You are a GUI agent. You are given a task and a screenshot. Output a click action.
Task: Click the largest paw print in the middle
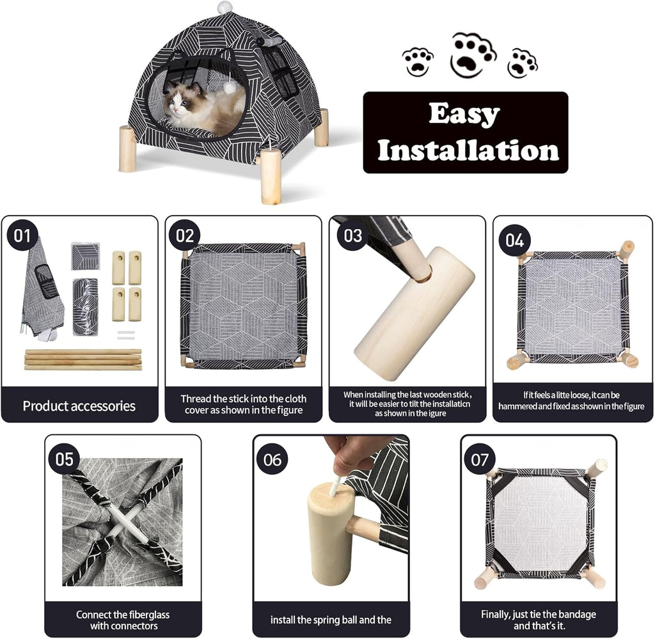473,55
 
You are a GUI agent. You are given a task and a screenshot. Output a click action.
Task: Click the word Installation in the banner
468,150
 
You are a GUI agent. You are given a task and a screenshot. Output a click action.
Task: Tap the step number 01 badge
22,236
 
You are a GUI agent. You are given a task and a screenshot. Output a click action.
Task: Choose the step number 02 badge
185,236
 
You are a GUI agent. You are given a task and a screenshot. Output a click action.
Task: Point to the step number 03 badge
352,235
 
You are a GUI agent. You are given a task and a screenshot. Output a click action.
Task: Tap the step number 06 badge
272,459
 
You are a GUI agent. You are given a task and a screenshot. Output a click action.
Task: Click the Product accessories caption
79,406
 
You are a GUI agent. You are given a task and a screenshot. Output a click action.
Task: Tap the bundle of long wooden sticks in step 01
83,359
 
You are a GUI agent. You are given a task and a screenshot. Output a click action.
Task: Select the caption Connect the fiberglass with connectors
123,620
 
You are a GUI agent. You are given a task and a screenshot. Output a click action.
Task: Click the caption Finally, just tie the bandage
539,620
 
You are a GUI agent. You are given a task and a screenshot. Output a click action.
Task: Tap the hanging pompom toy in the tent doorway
229,86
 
